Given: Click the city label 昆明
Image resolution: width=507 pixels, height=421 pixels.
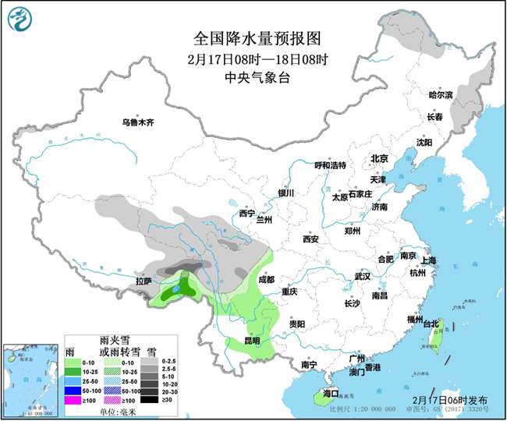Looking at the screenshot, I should tap(251, 341).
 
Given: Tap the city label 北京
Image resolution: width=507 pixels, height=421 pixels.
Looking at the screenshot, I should tap(379, 158).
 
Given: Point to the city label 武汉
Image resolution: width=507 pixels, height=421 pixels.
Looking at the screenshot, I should tap(362, 276).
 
